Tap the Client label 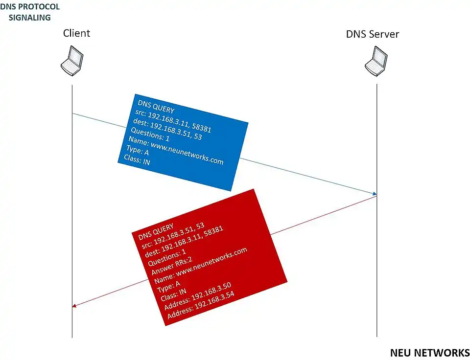(x=76, y=33)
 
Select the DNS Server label (x=373, y=34)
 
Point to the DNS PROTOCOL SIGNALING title (x=30, y=12)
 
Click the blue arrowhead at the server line (x=375, y=194)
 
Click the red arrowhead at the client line (x=74, y=306)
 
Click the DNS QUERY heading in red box (x=156, y=234)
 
